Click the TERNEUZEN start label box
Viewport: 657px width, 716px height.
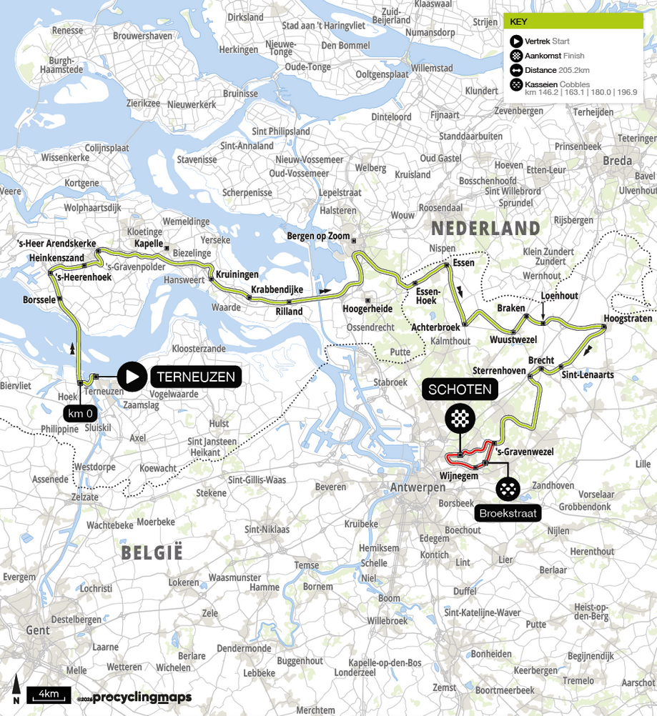[x=196, y=377]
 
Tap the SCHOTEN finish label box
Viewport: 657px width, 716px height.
[x=460, y=389]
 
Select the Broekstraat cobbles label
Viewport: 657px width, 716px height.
[x=507, y=513]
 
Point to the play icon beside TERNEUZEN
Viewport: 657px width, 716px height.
[x=132, y=377]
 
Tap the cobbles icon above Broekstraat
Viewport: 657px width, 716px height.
[x=508, y=489]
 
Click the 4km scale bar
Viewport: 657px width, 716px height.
[x=49, y=694]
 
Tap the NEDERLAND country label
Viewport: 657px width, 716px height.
[x=484, y=228]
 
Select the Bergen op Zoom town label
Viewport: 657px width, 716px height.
[x=318, y=236]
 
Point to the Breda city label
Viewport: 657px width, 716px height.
[x=617, y=161]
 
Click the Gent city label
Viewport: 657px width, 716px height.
[x=38, y=630]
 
